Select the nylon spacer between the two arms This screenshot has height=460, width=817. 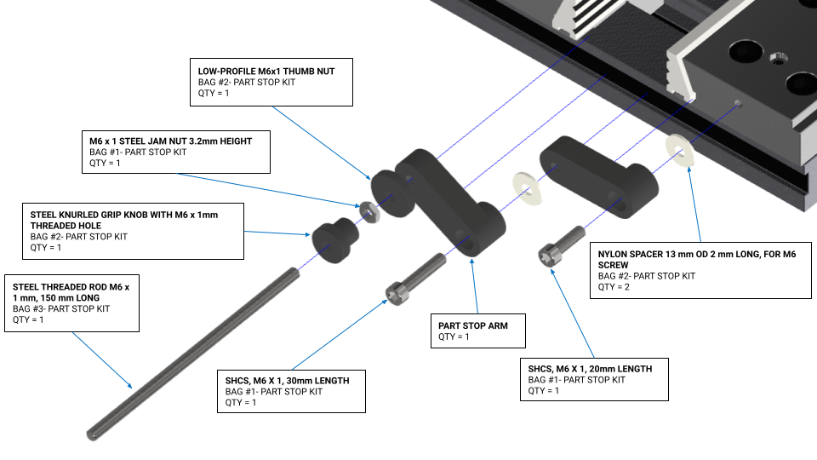coord(525,189)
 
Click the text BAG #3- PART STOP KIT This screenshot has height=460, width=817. coord(61,308)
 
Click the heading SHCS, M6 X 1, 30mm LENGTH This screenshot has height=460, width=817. coord(287,380)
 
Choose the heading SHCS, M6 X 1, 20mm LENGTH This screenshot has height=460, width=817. coord(590,368)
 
